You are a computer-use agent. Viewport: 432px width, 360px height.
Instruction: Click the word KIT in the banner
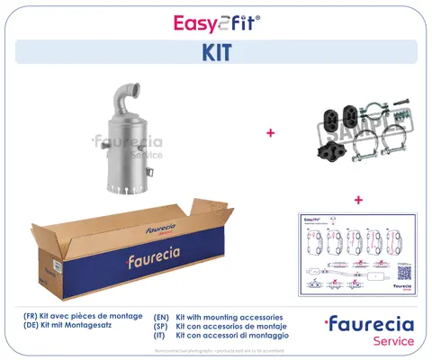[x=215, y=52]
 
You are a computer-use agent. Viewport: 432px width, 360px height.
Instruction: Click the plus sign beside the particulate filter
[x=270, y=133]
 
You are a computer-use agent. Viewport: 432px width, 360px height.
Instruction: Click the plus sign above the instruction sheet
[x=357, y=200]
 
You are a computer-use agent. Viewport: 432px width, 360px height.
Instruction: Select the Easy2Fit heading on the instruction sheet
[x=316, y=219]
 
